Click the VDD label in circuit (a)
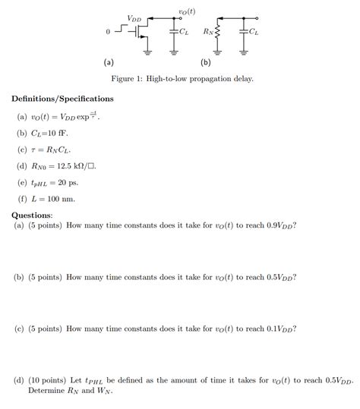134,18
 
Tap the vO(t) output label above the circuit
186,11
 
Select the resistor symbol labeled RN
218,33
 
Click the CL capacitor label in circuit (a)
185,32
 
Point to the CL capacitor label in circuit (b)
254,33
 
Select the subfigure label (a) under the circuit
109,61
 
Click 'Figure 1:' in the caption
126,79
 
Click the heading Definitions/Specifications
62,99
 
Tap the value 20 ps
67,183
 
